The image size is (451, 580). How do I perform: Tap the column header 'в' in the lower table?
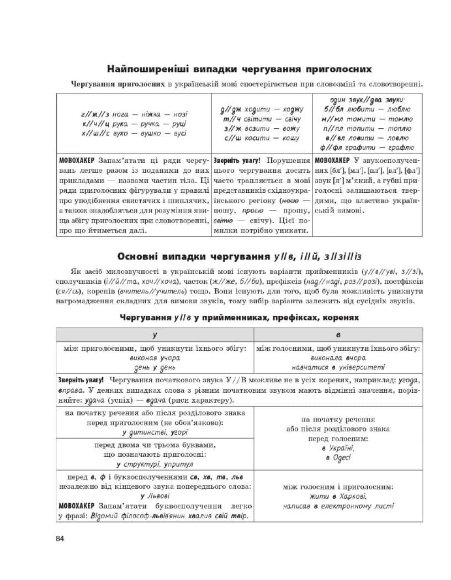(338, 334)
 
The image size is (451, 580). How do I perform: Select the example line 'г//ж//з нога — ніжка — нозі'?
(134, 114)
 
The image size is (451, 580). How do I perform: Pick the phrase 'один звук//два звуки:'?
(367, 100)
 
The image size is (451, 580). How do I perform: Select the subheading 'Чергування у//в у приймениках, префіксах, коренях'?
(239, 318)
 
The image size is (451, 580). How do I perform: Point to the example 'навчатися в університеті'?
(338, 367)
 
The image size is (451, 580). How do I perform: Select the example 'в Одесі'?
(338, 458)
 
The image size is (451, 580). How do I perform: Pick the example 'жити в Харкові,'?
(338, 497)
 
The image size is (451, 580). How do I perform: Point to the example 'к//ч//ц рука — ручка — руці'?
(134, 124)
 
